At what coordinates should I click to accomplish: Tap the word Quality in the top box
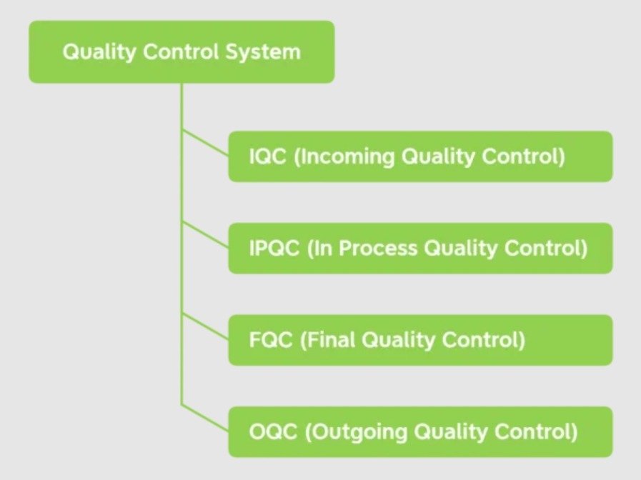coord(91,52)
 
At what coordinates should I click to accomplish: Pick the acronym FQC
coord(270,341)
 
